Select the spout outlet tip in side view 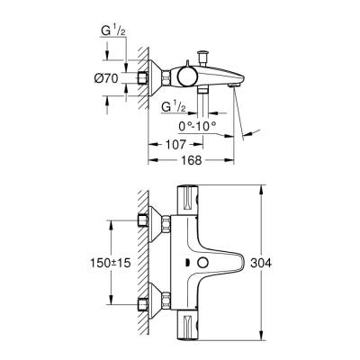(238, 84)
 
